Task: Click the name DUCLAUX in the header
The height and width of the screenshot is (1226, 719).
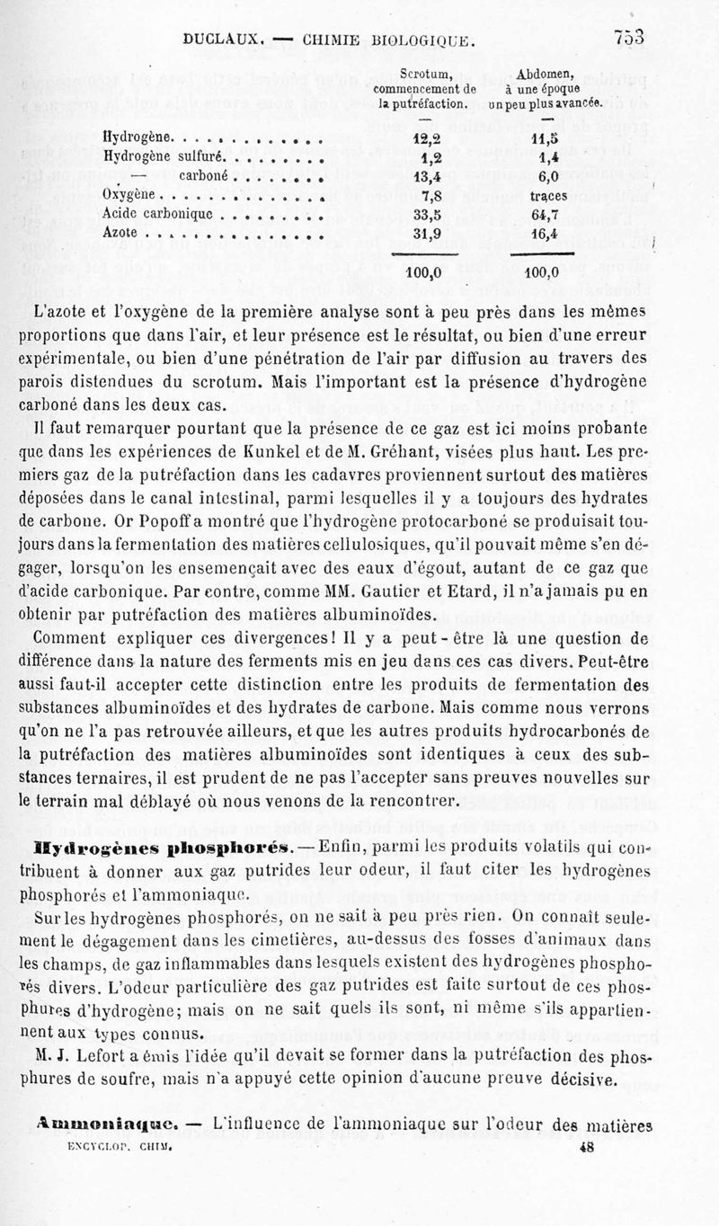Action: click(x=221, y=39)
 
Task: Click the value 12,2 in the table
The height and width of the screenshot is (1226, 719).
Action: click(x=423, y=139)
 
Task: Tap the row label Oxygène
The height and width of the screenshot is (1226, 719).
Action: click(x=130, y=195)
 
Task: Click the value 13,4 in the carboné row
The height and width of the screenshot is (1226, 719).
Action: click(x=423, y=176)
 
